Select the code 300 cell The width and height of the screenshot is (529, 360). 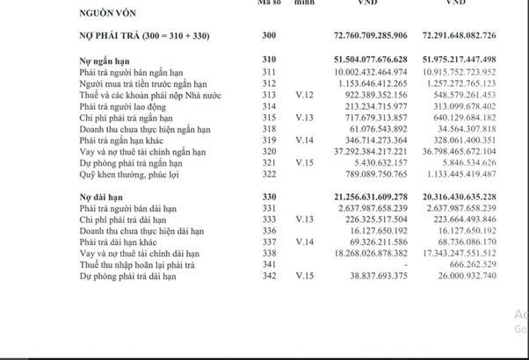(269, 36)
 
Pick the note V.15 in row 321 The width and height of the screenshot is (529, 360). (305, 162)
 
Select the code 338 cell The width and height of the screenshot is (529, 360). (269, 253)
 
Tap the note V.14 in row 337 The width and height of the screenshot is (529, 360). (305, 241)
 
